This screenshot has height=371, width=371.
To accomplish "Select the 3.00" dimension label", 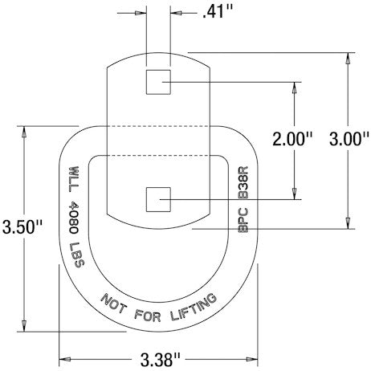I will tap(350, 138).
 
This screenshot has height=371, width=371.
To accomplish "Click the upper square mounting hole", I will tap(157, 81).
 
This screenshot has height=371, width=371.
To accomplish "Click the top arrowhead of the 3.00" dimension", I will tap(349, 59).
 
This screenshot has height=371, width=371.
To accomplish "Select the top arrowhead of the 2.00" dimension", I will tap(298, 87).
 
